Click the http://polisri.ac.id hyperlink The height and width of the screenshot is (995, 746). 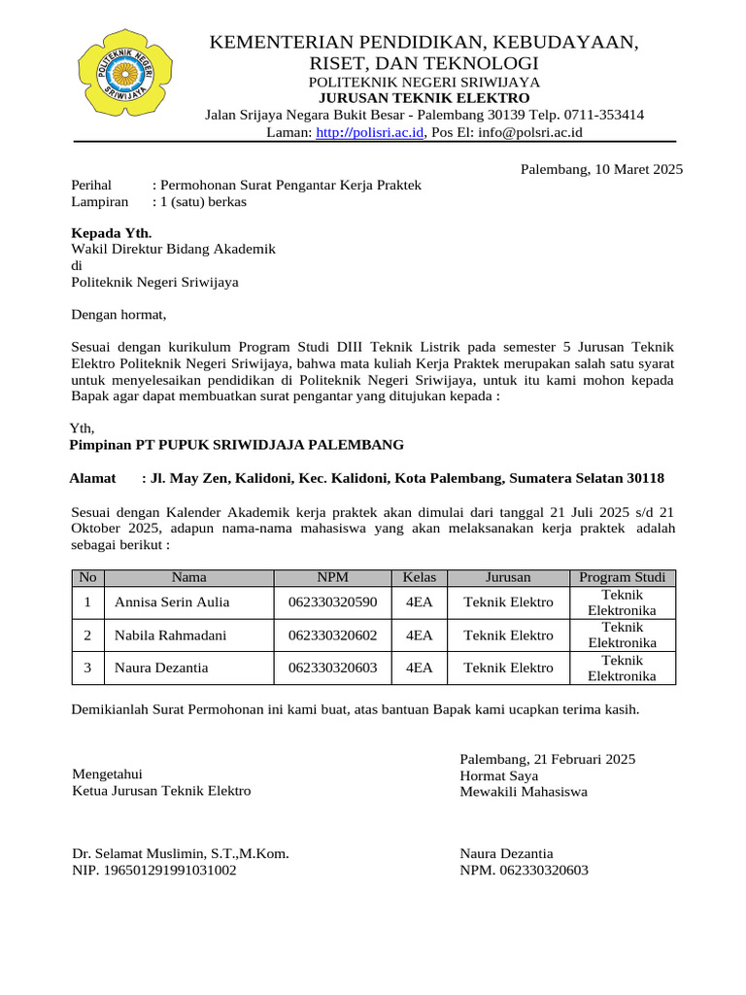[x=370, y=132]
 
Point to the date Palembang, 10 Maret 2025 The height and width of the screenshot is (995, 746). [x=601, y=169]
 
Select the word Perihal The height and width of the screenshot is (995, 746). [x=92, y=185]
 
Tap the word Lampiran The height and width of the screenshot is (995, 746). [x=100, y=202]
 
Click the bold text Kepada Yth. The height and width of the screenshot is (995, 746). [x=112, y=233]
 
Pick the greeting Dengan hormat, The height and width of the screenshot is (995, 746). [x=119, y=314]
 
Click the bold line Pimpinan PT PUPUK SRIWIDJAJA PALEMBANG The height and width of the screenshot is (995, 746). [x=236, y=445]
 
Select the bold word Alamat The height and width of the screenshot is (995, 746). [x=92, y=479]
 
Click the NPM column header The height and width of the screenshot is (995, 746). [x=332, y=577]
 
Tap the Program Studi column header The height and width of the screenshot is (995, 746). [x=622, y=577]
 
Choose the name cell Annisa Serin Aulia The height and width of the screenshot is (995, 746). [x=172, y=602]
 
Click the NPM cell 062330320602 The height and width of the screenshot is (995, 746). [x=332, y=635]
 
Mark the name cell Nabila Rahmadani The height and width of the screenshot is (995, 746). [x=171, y=635]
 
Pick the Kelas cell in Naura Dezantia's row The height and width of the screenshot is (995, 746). [x=419, y=669]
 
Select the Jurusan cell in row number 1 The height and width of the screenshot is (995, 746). [x=508, y=602]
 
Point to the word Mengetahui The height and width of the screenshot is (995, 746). [x=107, y=774]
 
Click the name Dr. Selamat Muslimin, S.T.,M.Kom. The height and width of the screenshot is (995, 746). [x=181, y=854]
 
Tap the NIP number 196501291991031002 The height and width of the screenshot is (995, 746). [x=154, y=871]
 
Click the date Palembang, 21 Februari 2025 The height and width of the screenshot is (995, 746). [x=548, y=759]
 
